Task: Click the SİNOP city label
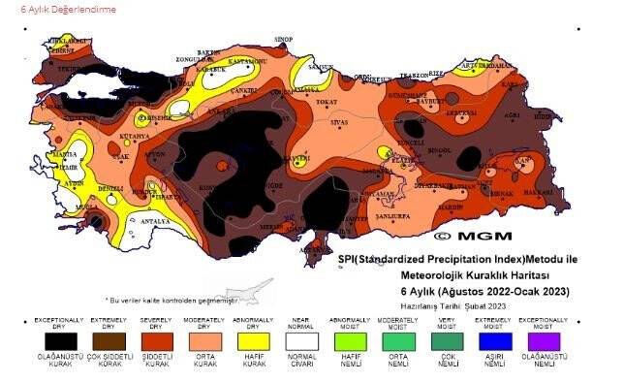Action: (x=283, y=39)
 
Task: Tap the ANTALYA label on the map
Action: (x=154, y=221)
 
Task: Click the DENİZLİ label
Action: (x=111, y=187)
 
